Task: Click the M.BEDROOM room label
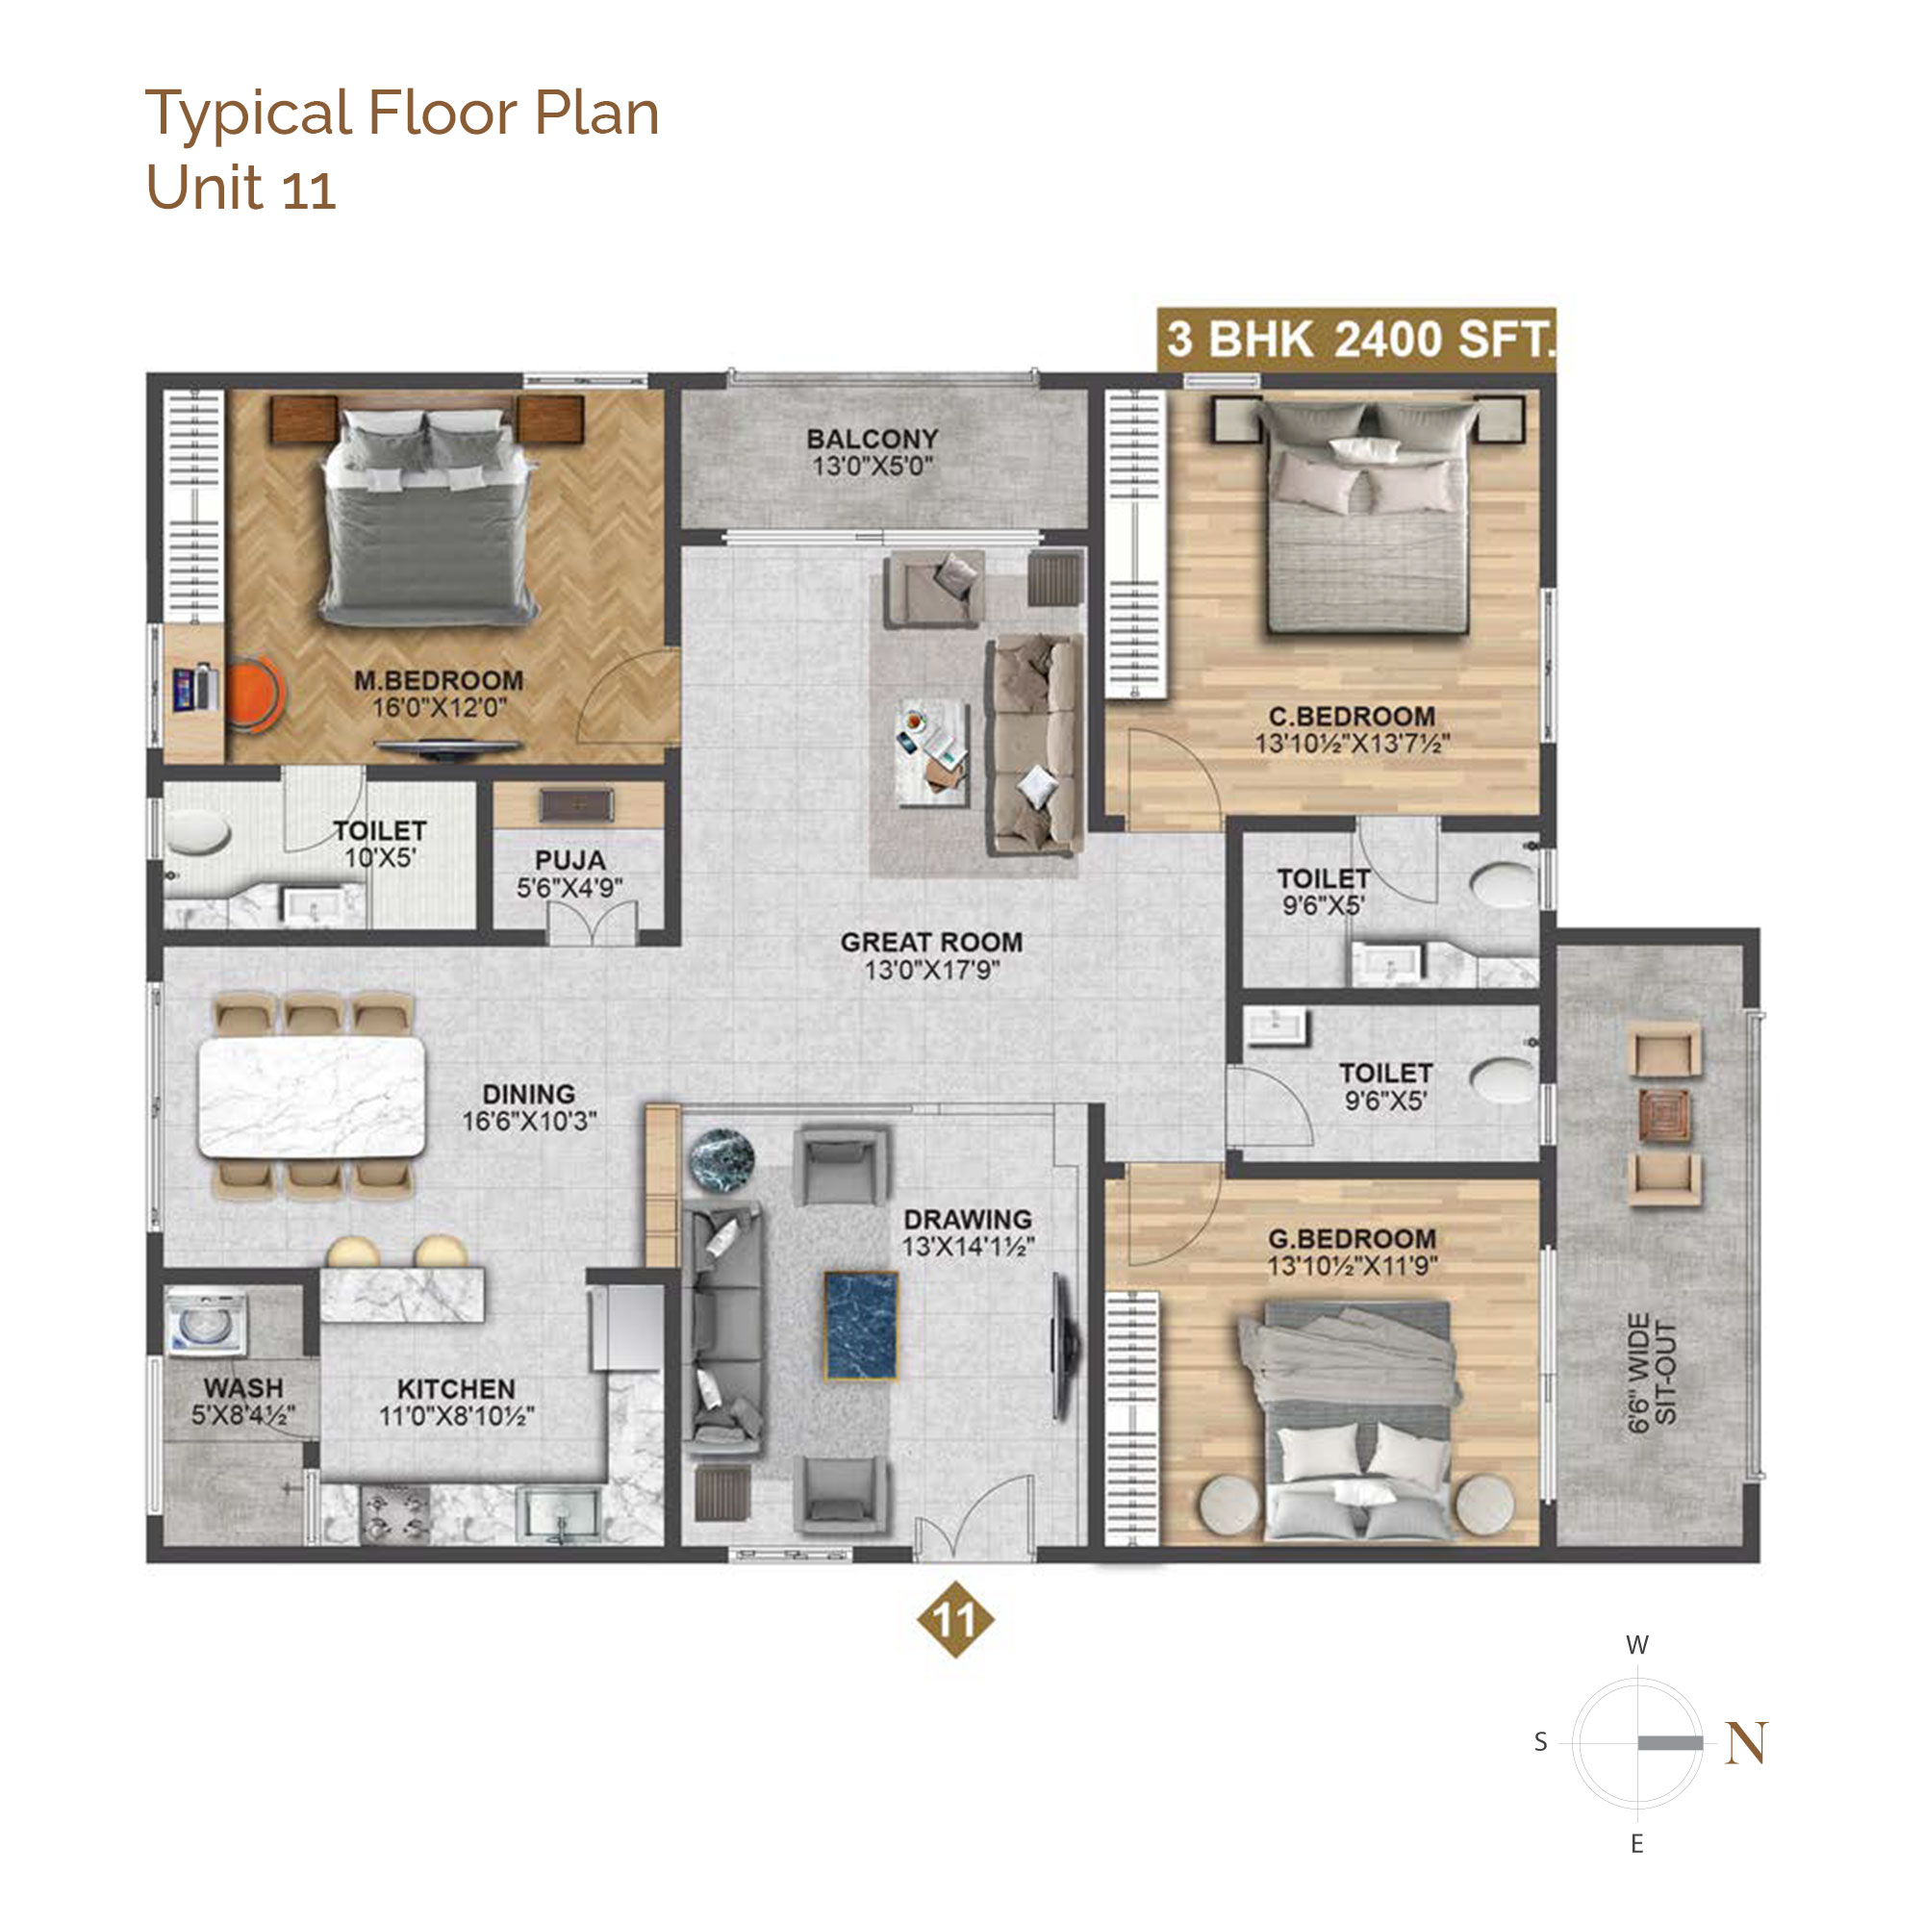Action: click(440, 681)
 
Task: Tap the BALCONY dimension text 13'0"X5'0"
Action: click(873, 466)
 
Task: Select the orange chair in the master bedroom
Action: click(255, 695)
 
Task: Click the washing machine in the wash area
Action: click(205, 1323)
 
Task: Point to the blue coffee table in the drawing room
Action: click(861, 1326)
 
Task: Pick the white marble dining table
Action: click(312, 1097)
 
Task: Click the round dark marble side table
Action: click(721, 1160)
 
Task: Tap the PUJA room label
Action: click(570, 860)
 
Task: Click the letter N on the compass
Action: click(1747, 1743)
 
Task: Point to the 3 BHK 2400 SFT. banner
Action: click(1356, 340)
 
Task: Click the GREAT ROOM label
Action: click(931, 942)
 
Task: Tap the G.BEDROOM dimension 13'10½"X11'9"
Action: click(1353, 1267)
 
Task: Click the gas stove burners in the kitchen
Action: click(395, 1515)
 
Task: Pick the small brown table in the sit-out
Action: click(1665, 1115)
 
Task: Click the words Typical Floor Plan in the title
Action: click(402, 114)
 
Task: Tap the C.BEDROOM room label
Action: click(1352, 716)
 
